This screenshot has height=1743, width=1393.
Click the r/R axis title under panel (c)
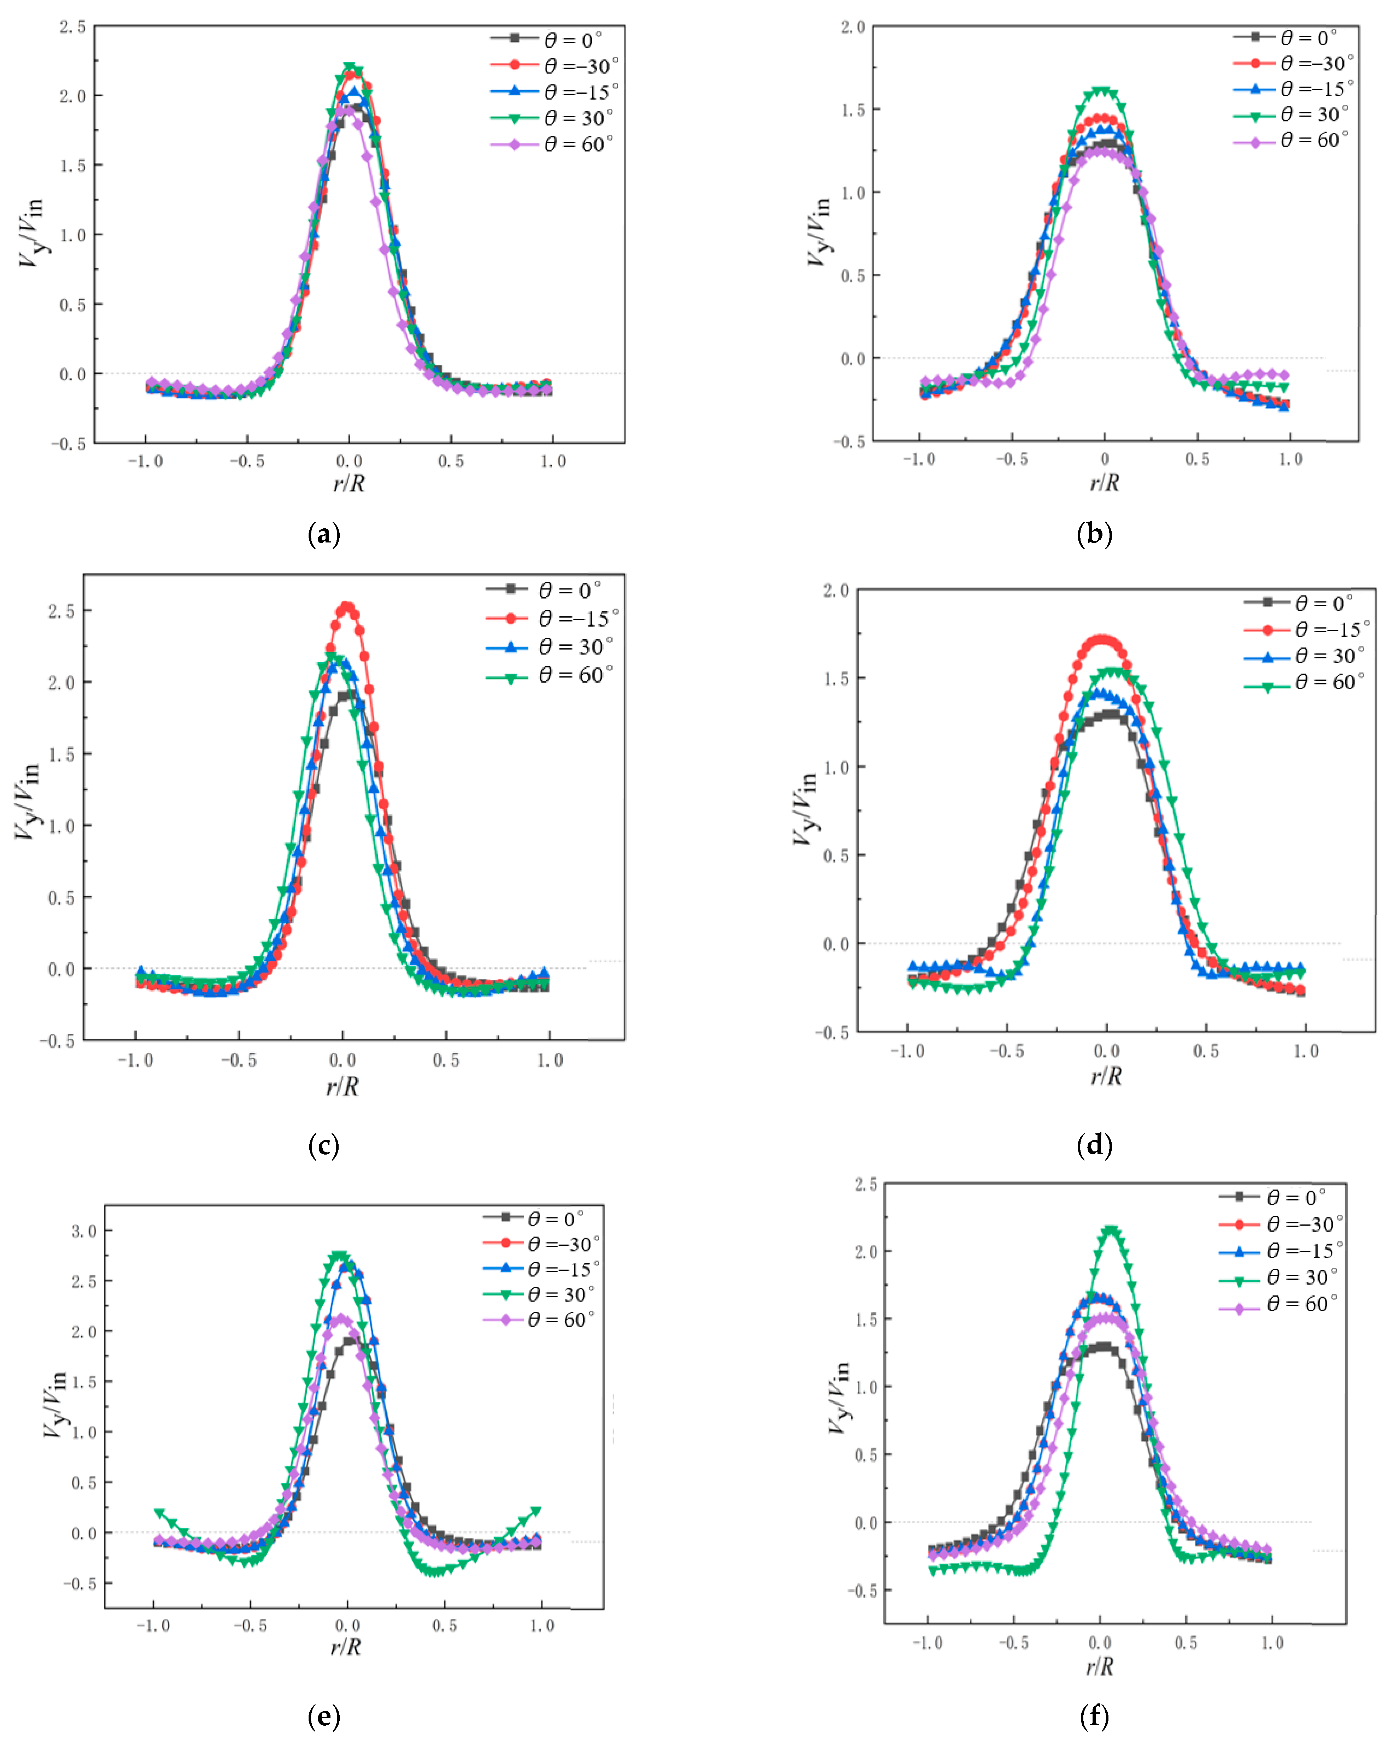[x=343, y=1086]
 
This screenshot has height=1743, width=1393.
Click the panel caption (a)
[x=324, y=534]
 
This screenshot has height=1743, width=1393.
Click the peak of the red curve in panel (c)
[x=347, y=605]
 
